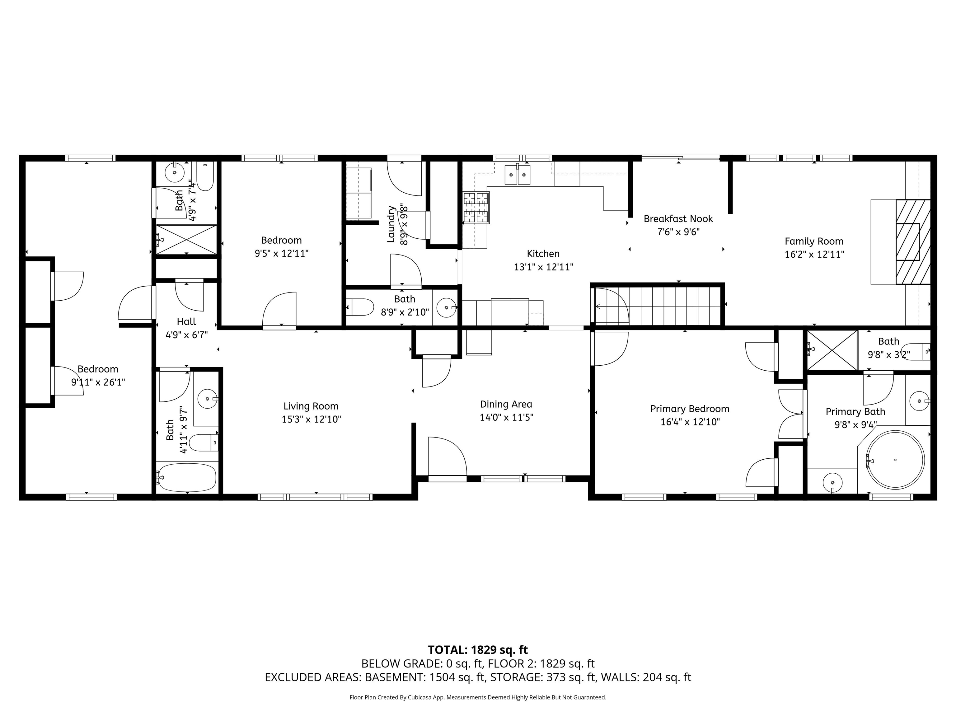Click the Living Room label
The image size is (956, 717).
coord(311,406)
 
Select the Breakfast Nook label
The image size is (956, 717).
coord(678,219)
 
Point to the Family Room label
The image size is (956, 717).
coord(814,241)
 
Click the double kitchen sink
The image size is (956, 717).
coord(517,175)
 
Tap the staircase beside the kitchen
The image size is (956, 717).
coord(657,305)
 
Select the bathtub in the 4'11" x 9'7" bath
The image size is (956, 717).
coord(186,477)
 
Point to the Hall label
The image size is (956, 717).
coord(186,321)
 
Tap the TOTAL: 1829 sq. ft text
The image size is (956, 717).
coord(478,649)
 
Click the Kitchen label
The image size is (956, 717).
coord(543,254)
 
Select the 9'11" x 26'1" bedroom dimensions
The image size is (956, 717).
coord(98,382)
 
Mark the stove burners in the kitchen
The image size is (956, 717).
coord(476,208)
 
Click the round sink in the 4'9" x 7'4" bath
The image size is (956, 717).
coord(175,173)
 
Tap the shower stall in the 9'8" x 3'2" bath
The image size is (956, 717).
coord(832,350)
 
